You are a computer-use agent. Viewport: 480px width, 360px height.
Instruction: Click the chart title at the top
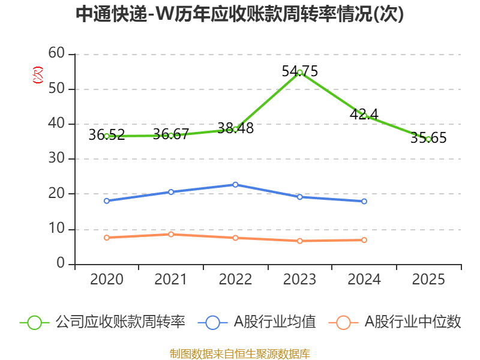(240, 14)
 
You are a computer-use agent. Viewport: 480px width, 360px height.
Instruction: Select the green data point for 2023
(299, 72)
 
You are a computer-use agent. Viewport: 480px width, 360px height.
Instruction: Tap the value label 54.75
(299, 71)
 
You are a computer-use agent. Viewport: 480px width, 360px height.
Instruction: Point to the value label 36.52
(107, 135)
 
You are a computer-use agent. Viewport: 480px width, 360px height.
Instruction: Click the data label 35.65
(428, 138)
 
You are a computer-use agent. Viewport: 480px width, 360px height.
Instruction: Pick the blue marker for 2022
(235, 185)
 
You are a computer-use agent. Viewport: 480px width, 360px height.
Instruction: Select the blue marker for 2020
(107, 201)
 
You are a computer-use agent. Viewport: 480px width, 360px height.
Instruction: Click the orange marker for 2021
(171, 235)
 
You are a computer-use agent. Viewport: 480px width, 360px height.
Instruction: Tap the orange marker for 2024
(364, 240)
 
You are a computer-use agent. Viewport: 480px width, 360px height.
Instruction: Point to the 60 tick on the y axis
(56, 53)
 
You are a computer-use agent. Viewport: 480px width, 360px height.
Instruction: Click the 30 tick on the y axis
(56, 159)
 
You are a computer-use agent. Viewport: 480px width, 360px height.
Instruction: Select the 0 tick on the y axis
(61, 264)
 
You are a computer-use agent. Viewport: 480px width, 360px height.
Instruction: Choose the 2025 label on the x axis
(428, 279)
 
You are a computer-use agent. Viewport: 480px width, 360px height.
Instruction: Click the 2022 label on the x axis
(235, 279)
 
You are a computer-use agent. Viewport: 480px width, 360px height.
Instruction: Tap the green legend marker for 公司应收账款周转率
(35, 322)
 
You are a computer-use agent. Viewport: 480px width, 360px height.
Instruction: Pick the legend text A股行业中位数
(413, 322)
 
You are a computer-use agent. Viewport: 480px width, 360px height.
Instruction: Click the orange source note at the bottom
(240, 353)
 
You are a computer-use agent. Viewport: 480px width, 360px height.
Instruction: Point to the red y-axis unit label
(37, 75)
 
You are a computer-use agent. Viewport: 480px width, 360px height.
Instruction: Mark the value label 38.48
(235, 128)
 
